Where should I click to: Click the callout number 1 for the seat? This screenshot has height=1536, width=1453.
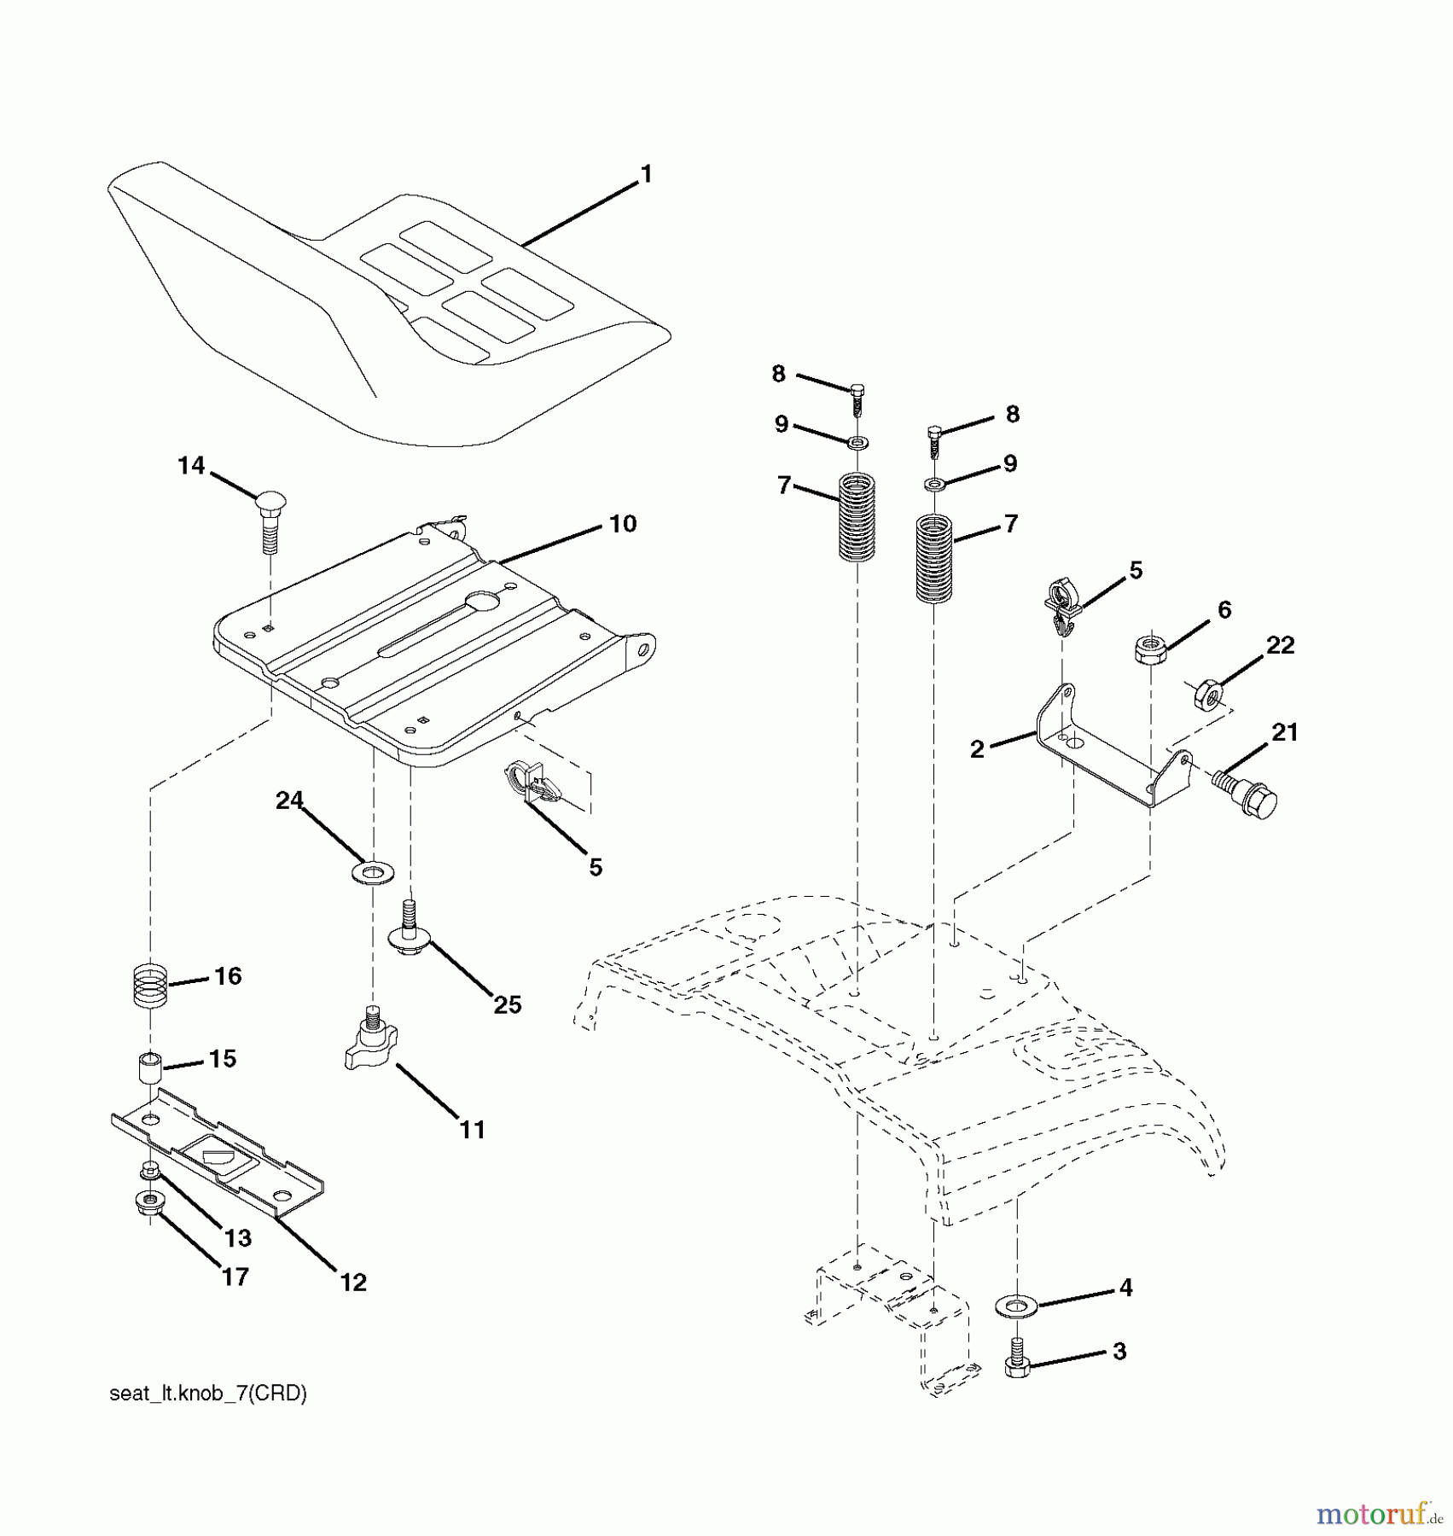click(646, 174)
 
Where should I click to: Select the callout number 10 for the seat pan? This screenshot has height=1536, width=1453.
click(623, 523)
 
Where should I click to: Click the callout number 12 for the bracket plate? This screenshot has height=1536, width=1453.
click(353, 1282)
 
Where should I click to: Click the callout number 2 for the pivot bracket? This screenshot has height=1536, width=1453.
click(977, 749)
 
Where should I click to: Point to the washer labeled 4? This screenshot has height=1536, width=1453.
click(1014, 1306)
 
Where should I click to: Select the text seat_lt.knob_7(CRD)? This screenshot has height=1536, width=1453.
click(208, 1393)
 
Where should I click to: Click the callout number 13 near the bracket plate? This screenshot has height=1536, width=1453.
click(238, 1237)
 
